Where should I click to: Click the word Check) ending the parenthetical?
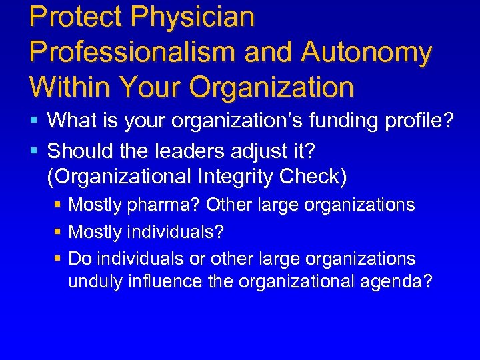pyautogui.click(x=313, y=177)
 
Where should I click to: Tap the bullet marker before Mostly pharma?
pyautogui.click(x=57, y=205)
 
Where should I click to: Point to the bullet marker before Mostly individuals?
pyautogui.click(x=57, y=231)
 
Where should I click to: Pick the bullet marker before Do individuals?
pyautogui.click(x=57, y=258)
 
